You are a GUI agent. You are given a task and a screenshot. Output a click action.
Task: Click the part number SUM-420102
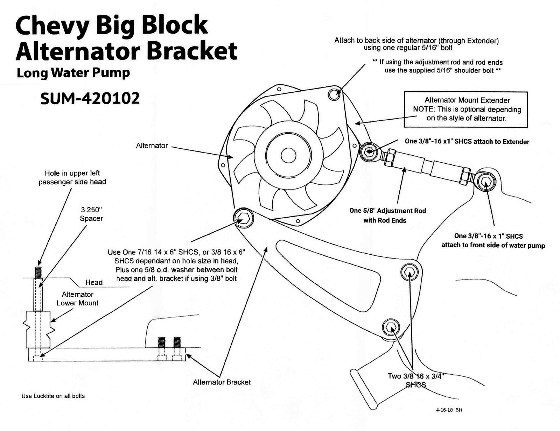tap(90, 98)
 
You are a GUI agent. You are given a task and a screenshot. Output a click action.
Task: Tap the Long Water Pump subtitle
tap(73, 73)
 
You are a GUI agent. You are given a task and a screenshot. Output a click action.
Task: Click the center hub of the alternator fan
tap(288, 155)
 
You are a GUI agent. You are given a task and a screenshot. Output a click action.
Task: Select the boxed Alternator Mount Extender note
tap(466, 109)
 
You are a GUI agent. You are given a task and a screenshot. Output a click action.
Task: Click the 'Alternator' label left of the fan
tap(152, 146)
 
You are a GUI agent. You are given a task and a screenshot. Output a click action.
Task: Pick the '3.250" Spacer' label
tap(91, 214)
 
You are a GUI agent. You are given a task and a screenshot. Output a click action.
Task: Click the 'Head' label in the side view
tap(94, 282)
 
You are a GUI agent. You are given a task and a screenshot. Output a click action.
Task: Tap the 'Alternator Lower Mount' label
tap(77, 299)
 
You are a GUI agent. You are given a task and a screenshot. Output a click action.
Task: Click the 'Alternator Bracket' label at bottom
tap(222, 382)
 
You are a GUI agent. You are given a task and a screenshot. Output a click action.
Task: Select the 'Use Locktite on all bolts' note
tap(53, 396)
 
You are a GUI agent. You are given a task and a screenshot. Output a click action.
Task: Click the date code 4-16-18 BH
tap(449, 410)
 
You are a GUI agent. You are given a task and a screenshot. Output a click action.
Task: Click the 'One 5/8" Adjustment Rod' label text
tap(387, 211)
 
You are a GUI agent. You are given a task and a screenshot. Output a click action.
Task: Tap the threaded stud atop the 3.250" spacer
tap(38, 271)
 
